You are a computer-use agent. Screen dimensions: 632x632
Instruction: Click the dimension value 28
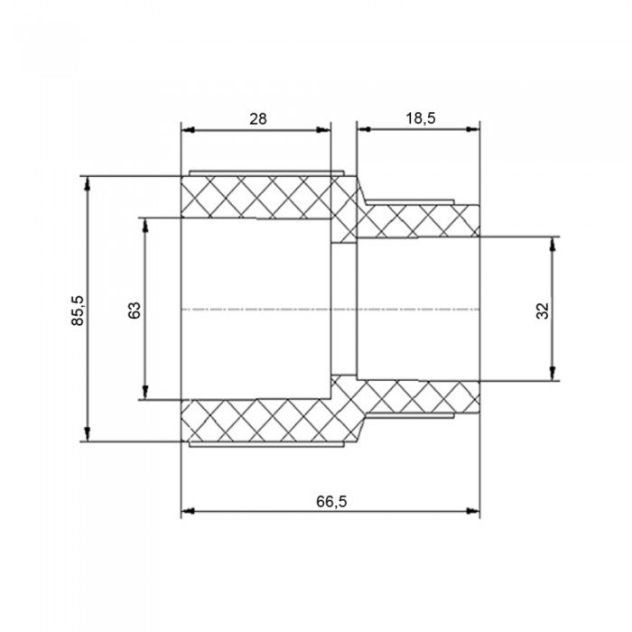(x=258, y=119)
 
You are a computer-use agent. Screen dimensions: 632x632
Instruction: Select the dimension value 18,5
(x=421, y=118)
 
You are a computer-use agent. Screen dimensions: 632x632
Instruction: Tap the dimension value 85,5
(x=78, y=310)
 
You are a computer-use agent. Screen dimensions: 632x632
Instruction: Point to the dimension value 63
(x=135, y=310)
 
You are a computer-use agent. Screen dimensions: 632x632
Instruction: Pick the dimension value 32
(x=543, y=311)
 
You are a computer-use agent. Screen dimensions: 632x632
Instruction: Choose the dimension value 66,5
(x=331, y=502)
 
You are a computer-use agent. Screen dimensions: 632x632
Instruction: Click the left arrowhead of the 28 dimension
(x=188, y=130)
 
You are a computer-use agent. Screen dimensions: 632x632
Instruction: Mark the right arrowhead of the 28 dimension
(x=323, y=130)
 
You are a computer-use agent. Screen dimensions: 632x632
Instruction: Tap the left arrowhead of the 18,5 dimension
(x=365, y=129)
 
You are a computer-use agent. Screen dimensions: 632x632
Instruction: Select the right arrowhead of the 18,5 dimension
(x=473, y=129)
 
